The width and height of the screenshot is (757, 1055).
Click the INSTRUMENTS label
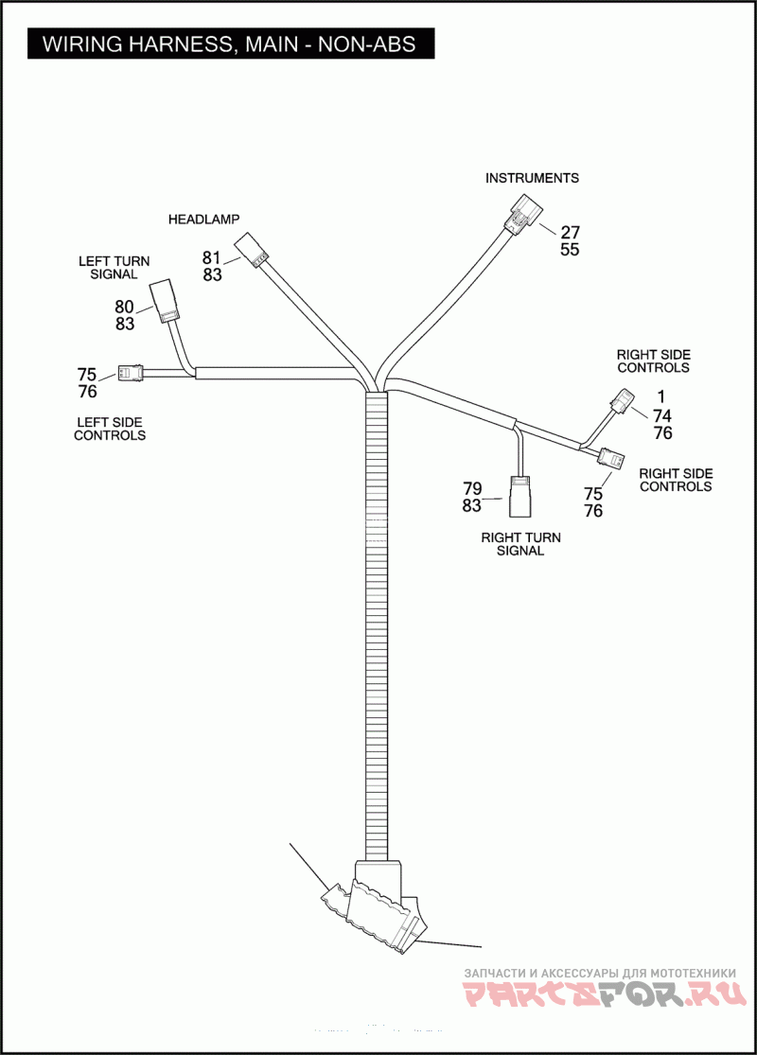click(x=532, y=178)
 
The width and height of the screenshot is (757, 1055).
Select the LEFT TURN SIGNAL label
click(x=114, y=267)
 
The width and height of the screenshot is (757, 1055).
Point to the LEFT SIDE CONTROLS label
click(x=110, y=429)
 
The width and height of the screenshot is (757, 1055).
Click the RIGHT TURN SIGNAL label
click(x=520, y=544)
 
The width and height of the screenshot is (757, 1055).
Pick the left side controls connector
click(x=130, y=373)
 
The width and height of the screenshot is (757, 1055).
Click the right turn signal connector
click(x=521, y=496)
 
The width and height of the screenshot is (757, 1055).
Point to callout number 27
click(x=570, y=233)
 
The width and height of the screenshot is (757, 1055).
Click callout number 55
click(x=570, y=250)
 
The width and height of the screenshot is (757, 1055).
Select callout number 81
click(x=212, y=257)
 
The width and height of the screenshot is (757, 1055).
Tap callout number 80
click(x=124, y=307)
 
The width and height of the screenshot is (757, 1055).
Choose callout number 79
click(x=472, y=488)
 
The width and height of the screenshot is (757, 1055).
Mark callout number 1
click(x=661, y=396)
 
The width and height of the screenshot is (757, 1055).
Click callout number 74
click(x=662, y=414)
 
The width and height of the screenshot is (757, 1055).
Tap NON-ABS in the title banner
click(x=364, y=44)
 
